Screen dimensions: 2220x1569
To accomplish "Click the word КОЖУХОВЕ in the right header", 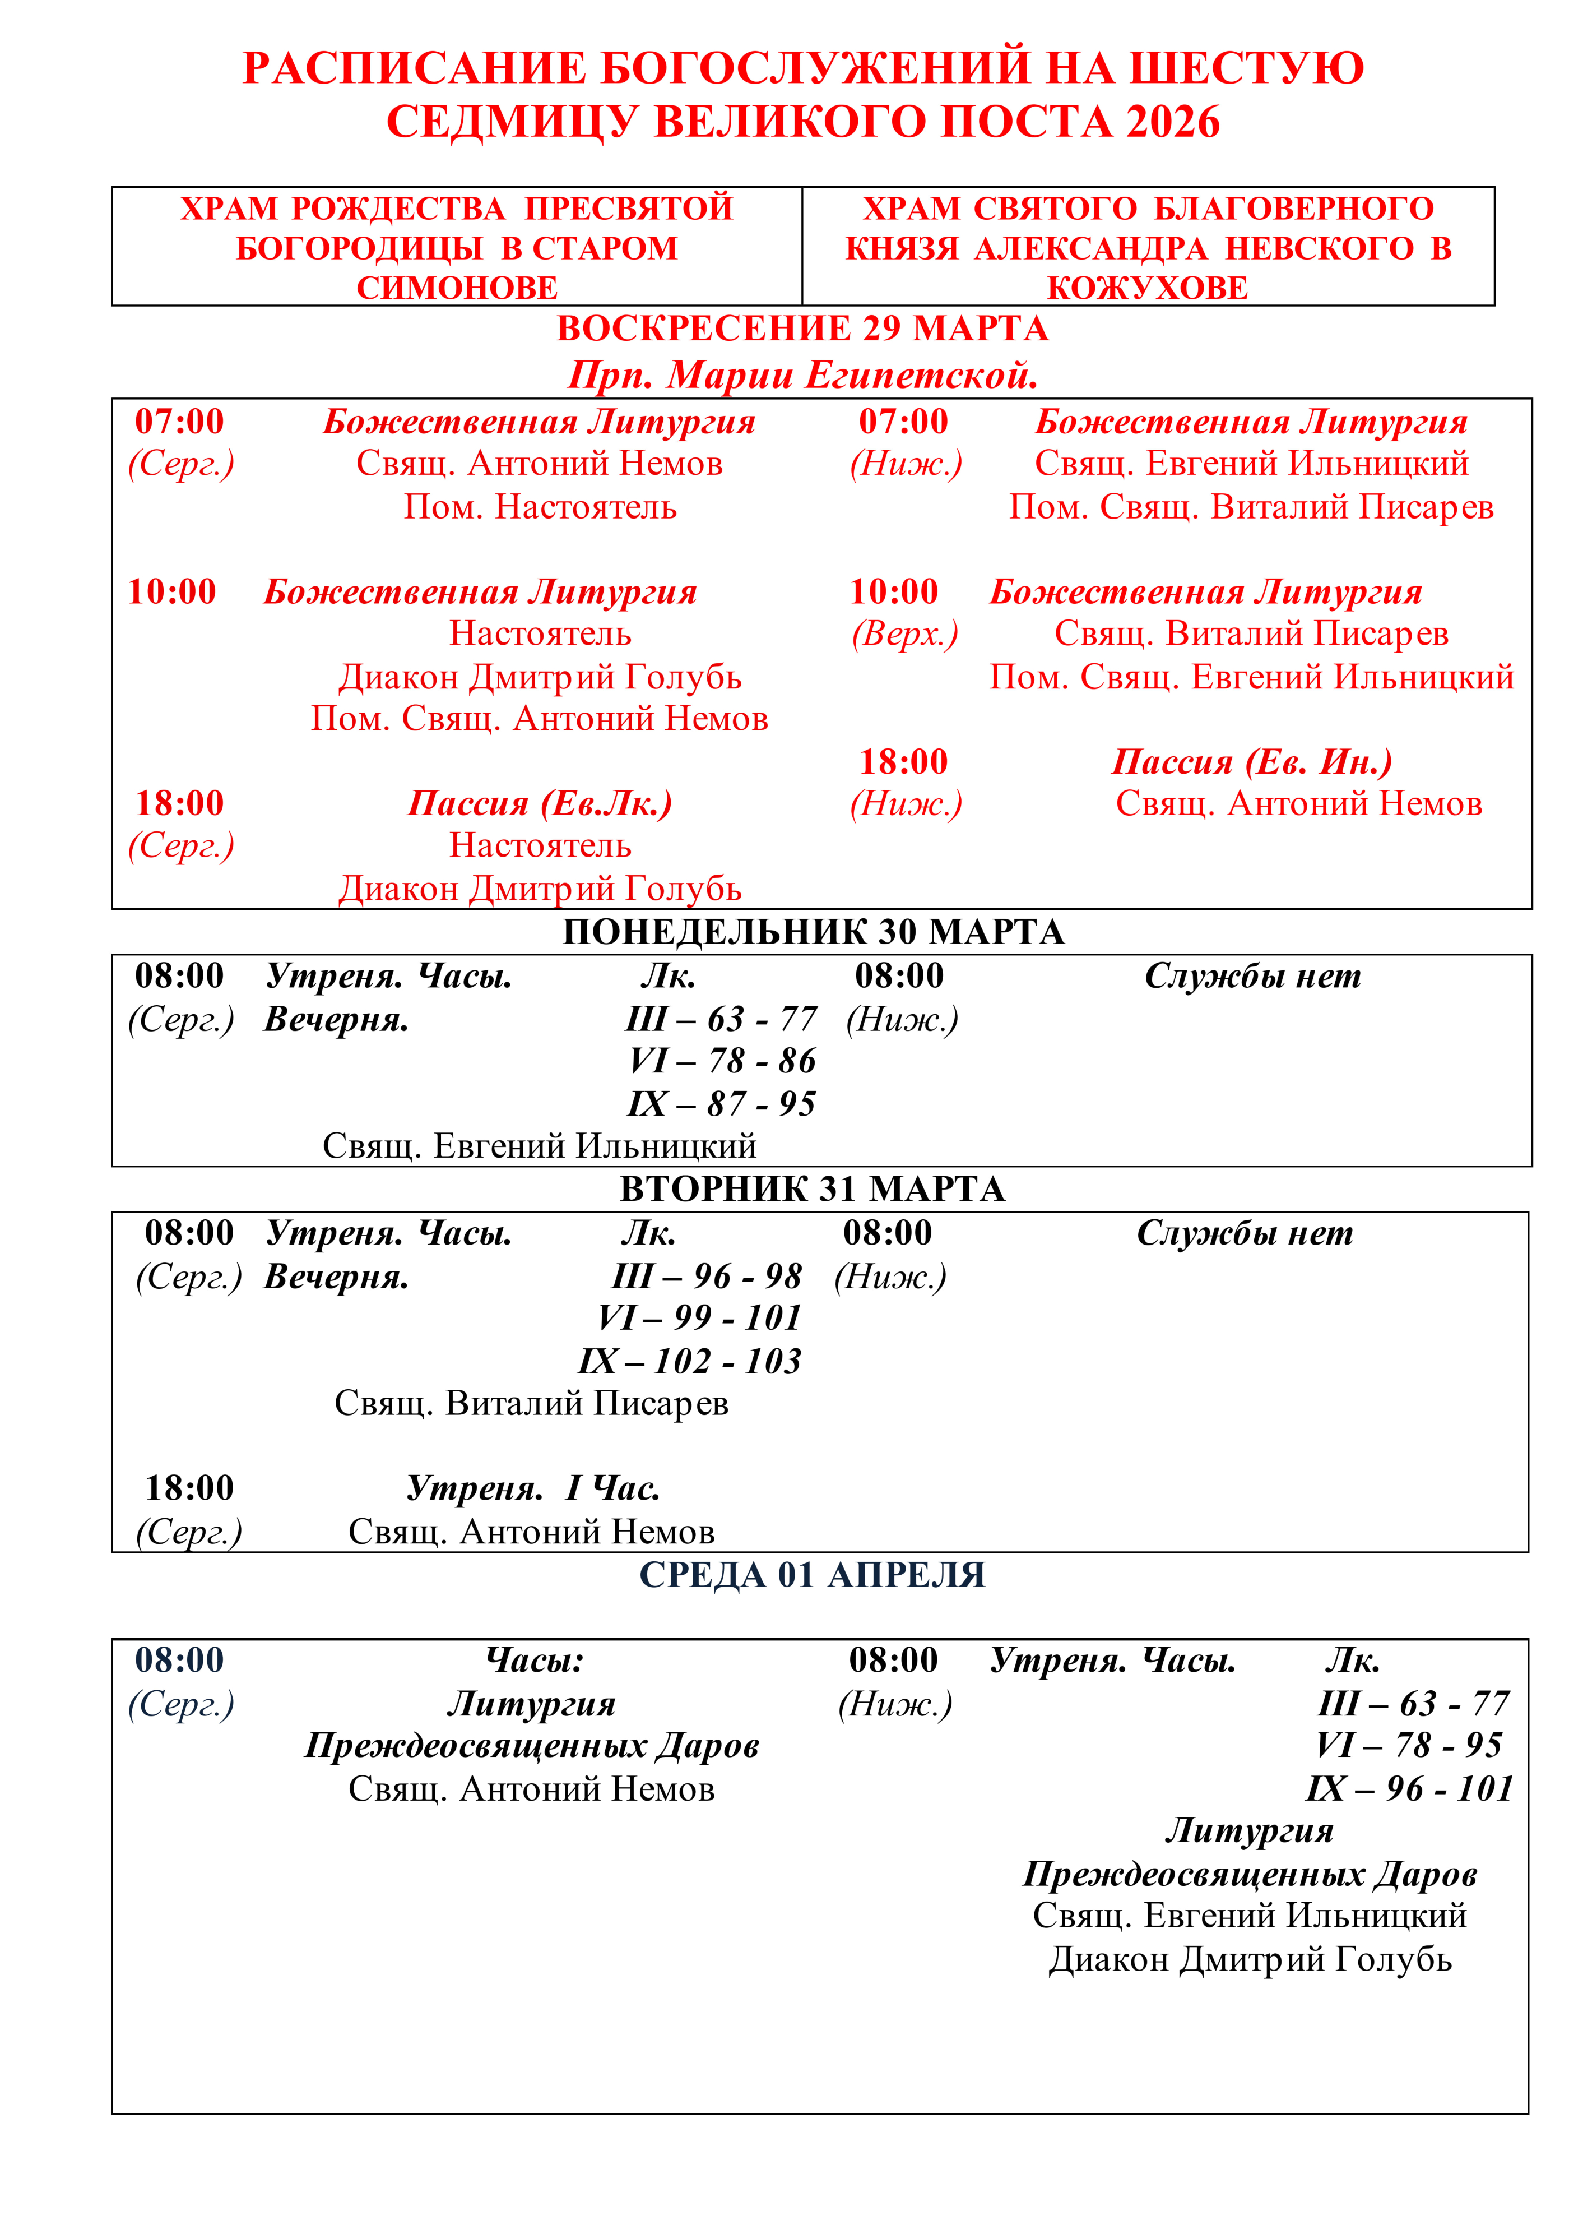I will coord(1148,288).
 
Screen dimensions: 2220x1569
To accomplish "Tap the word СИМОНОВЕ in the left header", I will coord(457,288).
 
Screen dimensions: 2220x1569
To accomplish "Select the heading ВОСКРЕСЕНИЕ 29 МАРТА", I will coord(802,329).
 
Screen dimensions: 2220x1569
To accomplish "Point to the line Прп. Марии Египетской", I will coord(802,375).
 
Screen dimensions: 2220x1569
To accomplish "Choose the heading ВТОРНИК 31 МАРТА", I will coord(812,1189).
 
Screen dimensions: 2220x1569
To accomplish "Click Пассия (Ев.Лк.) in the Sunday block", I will coord(540,803).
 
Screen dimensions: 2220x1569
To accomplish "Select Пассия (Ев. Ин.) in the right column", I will coord(1252,762).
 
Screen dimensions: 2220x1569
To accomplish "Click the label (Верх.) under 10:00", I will coord(905,634).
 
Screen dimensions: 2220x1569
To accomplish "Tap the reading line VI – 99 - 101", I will coord(700,1318).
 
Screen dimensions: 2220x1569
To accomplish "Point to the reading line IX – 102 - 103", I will coord(689,1361).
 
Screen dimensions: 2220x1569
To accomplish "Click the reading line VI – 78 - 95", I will coord(1409,1745).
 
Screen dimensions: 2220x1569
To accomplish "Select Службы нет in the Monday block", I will coord(1252,977).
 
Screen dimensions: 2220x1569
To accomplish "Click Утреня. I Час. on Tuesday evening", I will coord(533,1488).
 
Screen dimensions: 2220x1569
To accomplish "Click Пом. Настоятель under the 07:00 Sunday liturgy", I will coord(540,507).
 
